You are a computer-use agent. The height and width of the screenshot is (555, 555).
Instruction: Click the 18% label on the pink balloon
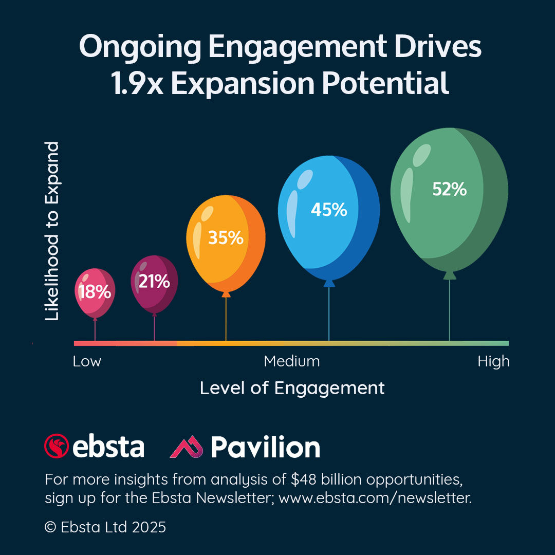pyautogui.click(x=95, y=292)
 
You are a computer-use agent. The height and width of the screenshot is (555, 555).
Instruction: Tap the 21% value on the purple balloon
pyautogui.click(x=154, y=281)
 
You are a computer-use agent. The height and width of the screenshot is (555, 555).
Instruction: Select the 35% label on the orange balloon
pyautogui.click(x=226, y=237)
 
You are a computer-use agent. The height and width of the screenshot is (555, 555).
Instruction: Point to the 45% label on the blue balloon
pyautogui.click(x=329, y=209)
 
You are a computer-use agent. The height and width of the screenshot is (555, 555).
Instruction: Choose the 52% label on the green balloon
pyautogui.click(x=450, y=189)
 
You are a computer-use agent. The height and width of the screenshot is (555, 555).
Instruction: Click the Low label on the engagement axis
pyautogui.click(x=87, y=361)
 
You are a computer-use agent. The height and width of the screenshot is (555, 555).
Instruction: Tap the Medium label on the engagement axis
pyautogui.click(x=292, y=361)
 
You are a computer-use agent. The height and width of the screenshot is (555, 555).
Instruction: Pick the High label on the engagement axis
pyautogui.click(x=493, y=361)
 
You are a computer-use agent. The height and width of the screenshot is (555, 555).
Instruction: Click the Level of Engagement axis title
pyautogui.click(x=292, y=388)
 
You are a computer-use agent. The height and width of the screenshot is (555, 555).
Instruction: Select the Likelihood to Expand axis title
pyautogui.click(x=52, y=232)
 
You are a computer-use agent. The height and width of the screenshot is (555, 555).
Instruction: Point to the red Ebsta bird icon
pyautogui.click(x=57, y=446)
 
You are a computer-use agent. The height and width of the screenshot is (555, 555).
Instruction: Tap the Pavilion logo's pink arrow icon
pyautogui.click(x=187, y=447)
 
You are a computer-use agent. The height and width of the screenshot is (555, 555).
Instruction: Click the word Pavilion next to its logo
pyautogui.click(x=265, y=447)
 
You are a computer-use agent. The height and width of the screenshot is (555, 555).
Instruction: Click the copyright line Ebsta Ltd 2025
pyautogui.click(x=105, y=527)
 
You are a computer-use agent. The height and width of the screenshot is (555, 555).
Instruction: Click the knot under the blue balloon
pyautogui.click(x=329, y=283)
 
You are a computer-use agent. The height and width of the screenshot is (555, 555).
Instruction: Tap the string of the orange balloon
pyautogui.click(x=226, y=319)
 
